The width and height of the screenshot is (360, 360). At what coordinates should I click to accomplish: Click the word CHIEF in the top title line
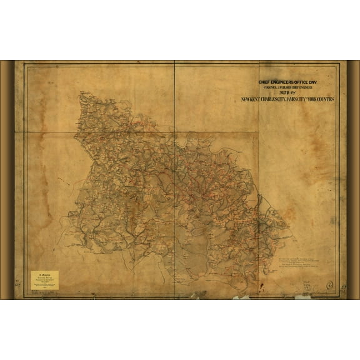267,81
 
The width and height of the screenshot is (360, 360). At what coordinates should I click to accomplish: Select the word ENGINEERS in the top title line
287,81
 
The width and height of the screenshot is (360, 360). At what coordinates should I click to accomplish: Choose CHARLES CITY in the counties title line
270,99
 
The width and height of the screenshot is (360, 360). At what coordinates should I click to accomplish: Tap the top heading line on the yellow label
44,273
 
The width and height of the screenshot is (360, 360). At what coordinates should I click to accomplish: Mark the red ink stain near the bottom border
240,297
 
